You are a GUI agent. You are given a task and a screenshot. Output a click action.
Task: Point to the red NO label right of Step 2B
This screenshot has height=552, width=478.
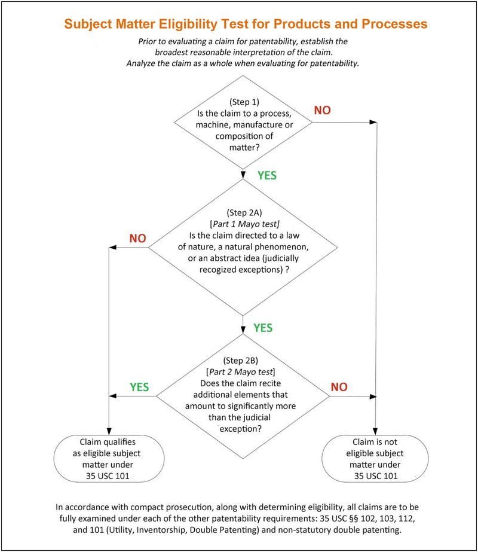pos(339,386)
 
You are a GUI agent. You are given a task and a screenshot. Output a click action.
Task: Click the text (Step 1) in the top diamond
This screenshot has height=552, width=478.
pos(243,100)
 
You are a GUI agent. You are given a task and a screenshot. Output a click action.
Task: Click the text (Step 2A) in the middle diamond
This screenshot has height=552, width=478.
pos(243,212)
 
